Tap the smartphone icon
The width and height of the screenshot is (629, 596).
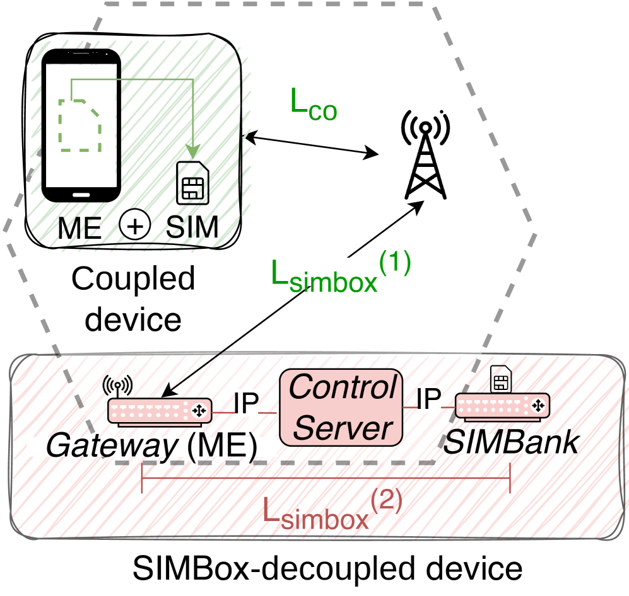[81, 126]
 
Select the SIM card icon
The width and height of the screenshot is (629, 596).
[193, 183]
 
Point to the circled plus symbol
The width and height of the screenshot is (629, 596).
[134, 226]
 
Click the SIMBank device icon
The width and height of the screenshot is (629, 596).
[502, 403]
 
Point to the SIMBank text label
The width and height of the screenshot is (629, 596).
[505, 444]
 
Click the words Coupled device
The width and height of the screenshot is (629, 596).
[133, 299]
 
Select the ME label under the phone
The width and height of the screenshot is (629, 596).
[79, 227]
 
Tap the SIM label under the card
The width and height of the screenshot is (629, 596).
[192, 227]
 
